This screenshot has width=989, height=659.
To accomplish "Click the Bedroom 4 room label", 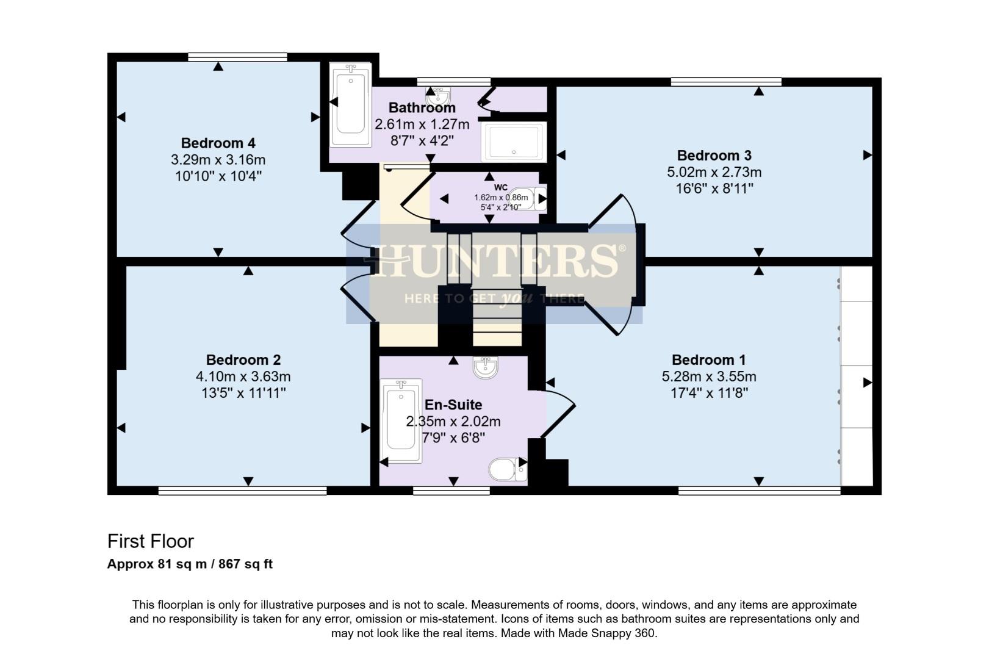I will pyautogui.click(x=218, y=143).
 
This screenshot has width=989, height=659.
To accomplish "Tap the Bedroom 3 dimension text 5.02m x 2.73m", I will pyautogui.click(x=714, y=172).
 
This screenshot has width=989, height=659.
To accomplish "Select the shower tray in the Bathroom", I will pyautogui.click(x=513, y=142).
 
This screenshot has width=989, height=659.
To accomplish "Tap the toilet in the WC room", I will pyautogui.click(x=533, y=198).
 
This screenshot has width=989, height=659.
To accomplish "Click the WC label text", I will pyautogui.click(x=501, y=187).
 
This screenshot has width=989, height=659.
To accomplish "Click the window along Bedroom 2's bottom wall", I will pyautogui.click(x=242, y=491).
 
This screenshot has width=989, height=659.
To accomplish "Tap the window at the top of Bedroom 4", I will pyautogui.click(x=237, y=57).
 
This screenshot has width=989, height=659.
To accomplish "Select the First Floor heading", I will pyautogui.click(x=151, y=541).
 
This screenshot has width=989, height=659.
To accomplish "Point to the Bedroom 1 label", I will pyautogui.click(x=708, y=360).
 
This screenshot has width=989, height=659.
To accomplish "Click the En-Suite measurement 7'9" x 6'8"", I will pyautogui.click(x=453, y=438).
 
